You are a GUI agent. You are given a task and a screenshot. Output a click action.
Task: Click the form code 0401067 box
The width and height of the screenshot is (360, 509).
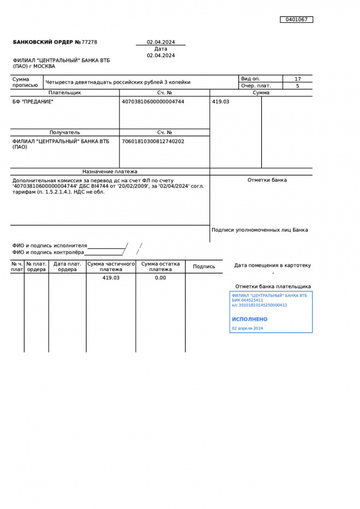(x=296, y=20)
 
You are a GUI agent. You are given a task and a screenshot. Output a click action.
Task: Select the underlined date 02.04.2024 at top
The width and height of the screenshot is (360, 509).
(x=160, y=42)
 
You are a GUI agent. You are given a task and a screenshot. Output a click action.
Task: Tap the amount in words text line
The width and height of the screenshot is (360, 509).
(x=118, y=82)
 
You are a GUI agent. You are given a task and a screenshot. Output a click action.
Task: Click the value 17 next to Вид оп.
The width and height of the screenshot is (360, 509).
(x=297, y=79)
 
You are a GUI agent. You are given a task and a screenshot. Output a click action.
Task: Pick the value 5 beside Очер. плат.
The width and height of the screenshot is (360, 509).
(x=297, y=86)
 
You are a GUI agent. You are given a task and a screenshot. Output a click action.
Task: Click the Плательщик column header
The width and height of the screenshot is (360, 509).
(x=64, y=93)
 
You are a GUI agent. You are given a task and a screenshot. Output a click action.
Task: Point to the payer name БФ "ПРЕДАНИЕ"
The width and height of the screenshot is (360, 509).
(x=33, y=101)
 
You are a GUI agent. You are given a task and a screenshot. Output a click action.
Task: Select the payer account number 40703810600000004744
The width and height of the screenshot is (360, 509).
(x=153, y=101)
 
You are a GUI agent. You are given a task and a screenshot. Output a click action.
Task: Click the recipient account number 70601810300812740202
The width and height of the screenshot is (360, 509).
(x=153, y=141)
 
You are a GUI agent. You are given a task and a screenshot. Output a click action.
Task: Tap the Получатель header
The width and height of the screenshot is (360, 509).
(x=64, y=133)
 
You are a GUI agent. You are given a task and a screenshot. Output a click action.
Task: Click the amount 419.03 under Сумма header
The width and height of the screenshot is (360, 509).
(x=220, y=101)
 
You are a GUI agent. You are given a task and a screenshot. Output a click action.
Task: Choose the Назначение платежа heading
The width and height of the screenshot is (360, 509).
(x=110, y=171)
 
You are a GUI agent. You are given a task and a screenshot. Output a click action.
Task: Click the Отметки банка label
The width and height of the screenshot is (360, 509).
(x=267, y=180)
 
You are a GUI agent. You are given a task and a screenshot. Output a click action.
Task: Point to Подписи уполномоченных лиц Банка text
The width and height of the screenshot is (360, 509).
(x=259, y=230)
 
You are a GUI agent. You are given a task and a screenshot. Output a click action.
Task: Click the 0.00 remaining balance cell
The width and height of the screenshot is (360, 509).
(x=160, y=278)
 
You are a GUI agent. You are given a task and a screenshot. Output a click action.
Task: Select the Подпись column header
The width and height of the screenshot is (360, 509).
(x=204, y=267)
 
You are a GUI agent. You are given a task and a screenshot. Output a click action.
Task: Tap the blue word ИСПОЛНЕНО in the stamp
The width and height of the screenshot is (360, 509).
(x=249, y=319)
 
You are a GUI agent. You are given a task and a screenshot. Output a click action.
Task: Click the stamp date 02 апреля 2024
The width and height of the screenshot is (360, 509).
(x=247, y=328)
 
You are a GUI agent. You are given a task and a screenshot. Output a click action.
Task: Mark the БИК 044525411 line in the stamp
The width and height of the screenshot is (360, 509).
(x=247, y=300)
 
